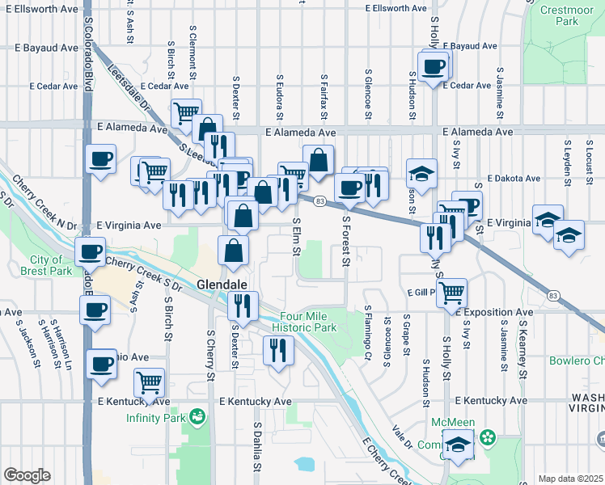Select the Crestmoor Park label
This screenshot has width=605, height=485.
[561, 15]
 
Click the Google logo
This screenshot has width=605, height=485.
[27, 475]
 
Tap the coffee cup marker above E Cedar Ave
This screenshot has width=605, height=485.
[433, 65]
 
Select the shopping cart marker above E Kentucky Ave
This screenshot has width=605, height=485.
[148, 382]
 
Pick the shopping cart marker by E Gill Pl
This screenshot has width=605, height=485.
[451, 292]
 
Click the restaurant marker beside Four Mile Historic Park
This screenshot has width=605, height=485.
[277, 351]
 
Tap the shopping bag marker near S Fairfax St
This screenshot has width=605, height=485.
[319, 160]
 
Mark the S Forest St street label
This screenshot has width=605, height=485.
[346, 239]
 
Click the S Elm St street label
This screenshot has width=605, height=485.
[296, 238]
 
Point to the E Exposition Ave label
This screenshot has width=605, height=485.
[493, 311]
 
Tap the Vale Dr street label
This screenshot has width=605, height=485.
[402, 437]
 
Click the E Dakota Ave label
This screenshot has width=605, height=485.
[518, 179]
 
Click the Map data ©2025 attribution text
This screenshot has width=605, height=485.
[569, 479]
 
